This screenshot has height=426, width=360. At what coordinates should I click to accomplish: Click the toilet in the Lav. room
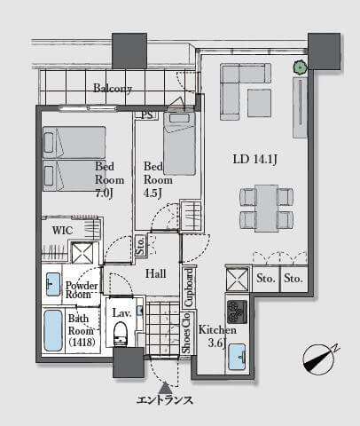coord(121,334)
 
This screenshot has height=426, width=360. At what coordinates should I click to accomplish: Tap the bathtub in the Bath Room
coord(53,330)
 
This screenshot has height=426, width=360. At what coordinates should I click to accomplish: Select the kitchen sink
coord(238,357)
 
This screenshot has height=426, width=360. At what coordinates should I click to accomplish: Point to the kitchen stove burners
coord(237,312)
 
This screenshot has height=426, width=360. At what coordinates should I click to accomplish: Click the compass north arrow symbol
coord(319,359)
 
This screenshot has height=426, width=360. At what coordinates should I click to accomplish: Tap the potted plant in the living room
coord(301,67)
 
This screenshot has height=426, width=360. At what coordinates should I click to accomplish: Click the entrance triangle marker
coord(165,388)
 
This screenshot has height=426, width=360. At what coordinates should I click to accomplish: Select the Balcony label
coord(113,88)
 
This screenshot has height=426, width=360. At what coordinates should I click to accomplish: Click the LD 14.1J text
coord(254,160)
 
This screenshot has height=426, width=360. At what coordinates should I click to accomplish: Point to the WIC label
coord(62,230)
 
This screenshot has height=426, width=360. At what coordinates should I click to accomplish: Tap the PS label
coord(147,114)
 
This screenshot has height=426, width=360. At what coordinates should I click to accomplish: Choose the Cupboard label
coord(188,288)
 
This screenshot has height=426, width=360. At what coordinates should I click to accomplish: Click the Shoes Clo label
coord(187,333)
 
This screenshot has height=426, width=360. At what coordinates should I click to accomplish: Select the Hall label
coord(155,273)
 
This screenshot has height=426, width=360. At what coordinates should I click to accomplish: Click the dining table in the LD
coord(267,209)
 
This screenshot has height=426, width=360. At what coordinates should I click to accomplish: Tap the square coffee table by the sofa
coord(259,103)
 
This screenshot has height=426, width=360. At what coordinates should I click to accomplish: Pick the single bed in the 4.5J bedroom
coord(179,143)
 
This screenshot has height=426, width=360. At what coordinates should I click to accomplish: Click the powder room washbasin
coord(53,284)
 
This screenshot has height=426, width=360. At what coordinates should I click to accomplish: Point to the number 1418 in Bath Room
coord(82,343)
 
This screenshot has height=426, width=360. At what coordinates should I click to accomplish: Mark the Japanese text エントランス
coord(165,400)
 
